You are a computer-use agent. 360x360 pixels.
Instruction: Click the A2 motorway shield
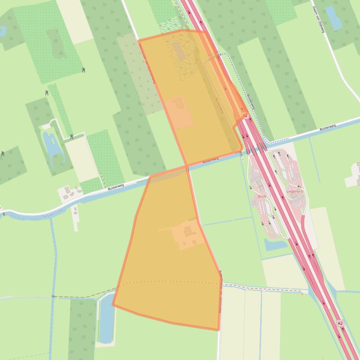click(340, 323)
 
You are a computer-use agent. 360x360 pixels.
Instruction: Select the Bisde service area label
click(262, 196)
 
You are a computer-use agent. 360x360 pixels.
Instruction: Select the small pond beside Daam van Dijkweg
click(334, 18)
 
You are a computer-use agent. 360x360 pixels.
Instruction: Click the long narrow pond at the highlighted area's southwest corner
click(106, 318)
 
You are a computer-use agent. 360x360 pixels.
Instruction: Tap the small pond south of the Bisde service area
click(270, 244)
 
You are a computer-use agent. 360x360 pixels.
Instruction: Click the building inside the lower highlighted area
click(188, 231)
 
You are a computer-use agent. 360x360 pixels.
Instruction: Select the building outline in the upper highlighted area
click(178, 104)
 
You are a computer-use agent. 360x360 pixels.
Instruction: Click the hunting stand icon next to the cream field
click(71, 137)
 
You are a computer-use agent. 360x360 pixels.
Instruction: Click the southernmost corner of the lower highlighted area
click(218, 330)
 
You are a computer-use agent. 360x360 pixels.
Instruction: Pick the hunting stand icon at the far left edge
click(2, 153)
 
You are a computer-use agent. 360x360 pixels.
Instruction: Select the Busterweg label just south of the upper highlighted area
click(211, 160)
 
